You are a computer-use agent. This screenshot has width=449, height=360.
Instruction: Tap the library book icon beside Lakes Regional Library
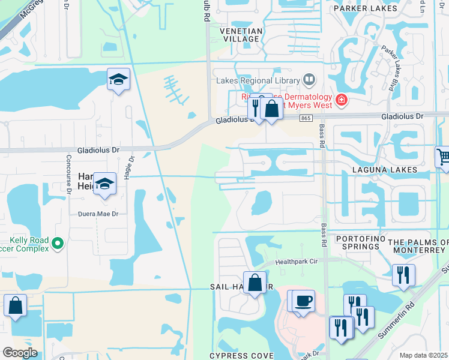[309, 79]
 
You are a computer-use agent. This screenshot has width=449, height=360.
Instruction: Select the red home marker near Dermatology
[342, 99]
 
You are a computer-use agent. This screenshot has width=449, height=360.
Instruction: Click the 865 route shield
[306, 119]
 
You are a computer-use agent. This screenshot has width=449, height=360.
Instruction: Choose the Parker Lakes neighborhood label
[365, 8]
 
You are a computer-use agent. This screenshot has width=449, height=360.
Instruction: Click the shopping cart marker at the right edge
[443, 157]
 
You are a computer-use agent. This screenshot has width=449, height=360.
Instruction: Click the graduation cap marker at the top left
[118, 79]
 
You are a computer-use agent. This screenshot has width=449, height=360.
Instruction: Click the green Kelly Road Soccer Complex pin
[58, 244]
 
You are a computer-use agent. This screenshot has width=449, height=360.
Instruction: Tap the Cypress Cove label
[241, 356]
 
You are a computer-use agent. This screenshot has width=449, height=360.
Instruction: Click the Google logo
[20, 352]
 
